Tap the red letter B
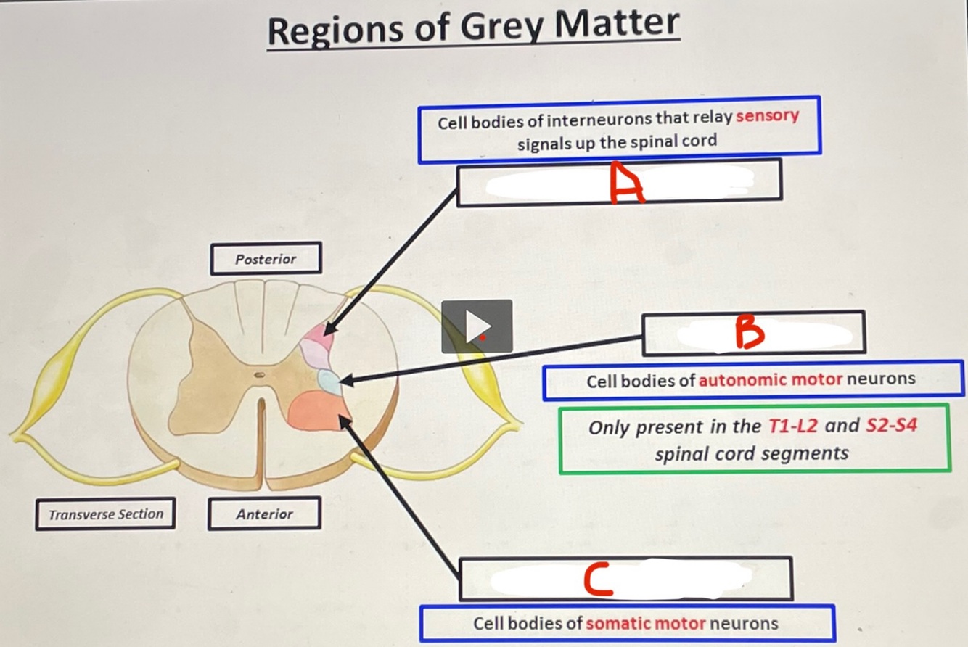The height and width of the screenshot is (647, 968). click(750, 333)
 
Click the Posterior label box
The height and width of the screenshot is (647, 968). click(266, 259)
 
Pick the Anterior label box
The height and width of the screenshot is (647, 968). click(264, 514)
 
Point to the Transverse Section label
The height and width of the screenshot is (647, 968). click(105, 514)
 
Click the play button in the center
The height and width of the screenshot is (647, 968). click(477, 326)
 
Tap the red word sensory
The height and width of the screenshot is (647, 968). click(767, 116)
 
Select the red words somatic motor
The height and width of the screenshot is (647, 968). click(645, 623)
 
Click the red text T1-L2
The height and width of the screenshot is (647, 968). click(793, 426)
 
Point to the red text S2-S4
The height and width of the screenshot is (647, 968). click(892, 426)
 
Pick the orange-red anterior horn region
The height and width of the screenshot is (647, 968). click(317, 411)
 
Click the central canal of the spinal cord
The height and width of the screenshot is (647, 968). click(260, 375)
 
